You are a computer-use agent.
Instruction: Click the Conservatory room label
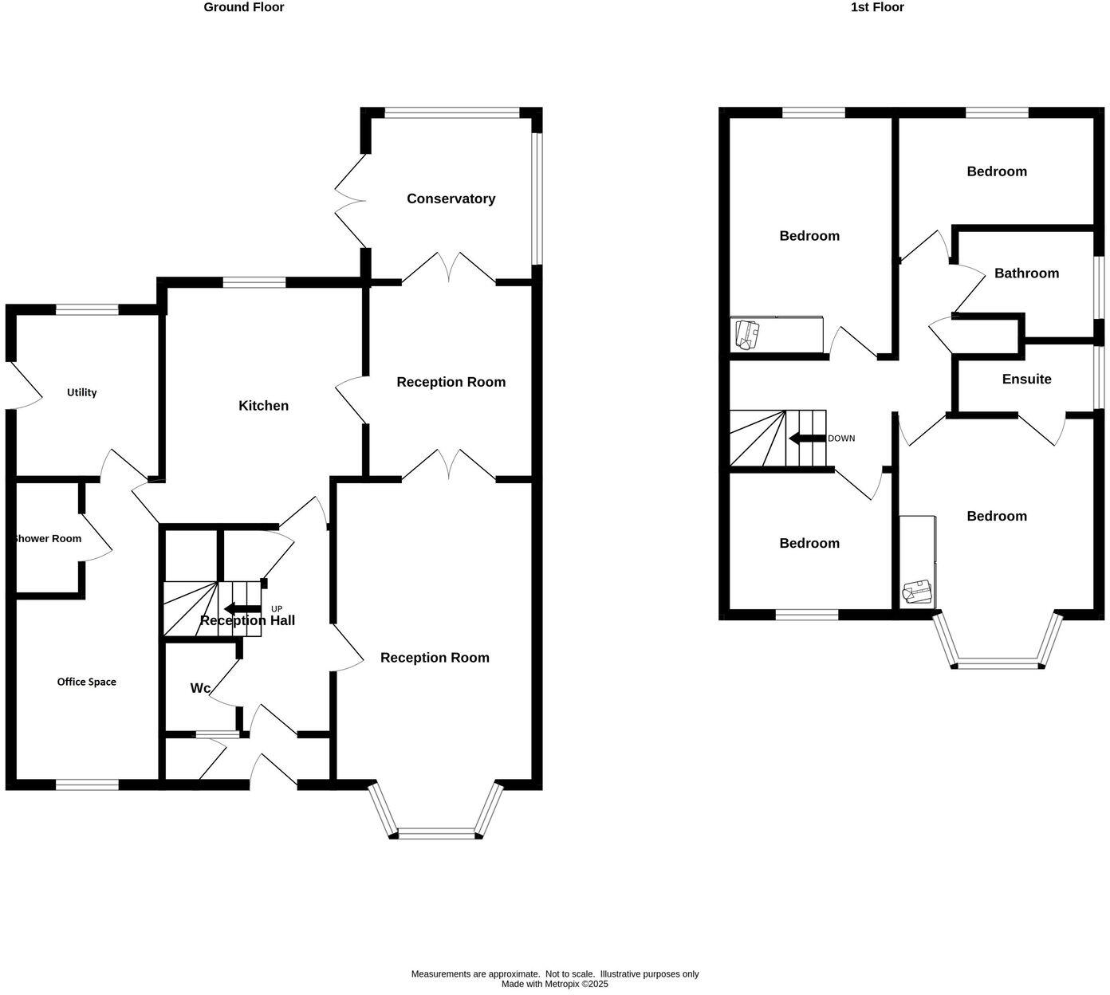click(451, 199)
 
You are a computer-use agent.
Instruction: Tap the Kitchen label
click(263, 406)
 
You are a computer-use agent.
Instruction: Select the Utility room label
click(81, 392)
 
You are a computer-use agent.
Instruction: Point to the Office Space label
click(86, 682)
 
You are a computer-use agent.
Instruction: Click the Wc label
click(200, 688)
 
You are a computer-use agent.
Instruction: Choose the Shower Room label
click(48, 539)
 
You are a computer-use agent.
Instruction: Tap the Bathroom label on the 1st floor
click(1026, 273)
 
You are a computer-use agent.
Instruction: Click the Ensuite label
click(1026, 380)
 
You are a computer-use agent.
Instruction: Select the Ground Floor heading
click(244, 7)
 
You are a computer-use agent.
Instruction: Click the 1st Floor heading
click(877, 7)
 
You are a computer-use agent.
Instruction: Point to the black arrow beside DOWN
click(806, 439)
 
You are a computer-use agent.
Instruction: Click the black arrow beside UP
click(242, 609)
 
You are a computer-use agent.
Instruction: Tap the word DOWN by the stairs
click(841, 439)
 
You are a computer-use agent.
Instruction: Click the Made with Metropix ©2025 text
click(554, 984)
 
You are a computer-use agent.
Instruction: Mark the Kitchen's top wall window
click(254, 281)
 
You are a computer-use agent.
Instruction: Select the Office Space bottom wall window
click(87, 785)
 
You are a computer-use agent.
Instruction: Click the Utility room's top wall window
click(87, 309)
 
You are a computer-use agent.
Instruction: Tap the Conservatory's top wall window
click(452, 113)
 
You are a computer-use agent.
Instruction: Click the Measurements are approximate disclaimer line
click(554, 973)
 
